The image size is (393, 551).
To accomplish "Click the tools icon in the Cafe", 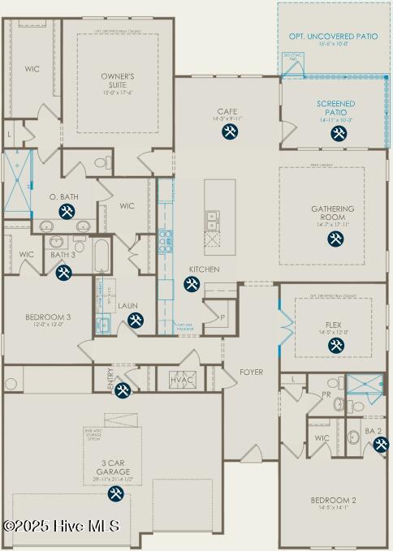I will [x=231, y=131].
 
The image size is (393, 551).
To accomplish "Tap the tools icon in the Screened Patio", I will [x=339, y=133].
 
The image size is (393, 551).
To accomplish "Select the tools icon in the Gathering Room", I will [x=335, y=239].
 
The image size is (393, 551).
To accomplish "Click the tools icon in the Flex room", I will [x=335, y=346].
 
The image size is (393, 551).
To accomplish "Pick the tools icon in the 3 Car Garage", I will [x=116, y=493].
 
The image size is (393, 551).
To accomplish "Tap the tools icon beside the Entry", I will [x=122, y=391].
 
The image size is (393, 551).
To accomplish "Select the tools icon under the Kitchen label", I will [x=192, y=283].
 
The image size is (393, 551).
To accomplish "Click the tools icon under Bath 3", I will [x=63, y=273].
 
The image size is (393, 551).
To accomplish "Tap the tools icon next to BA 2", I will [x=381, y=444].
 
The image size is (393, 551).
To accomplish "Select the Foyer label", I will [x=251, y=372].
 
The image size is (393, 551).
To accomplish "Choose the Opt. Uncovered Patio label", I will [x=333, y=37].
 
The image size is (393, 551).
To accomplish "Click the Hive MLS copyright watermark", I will [x=62, y=526].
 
